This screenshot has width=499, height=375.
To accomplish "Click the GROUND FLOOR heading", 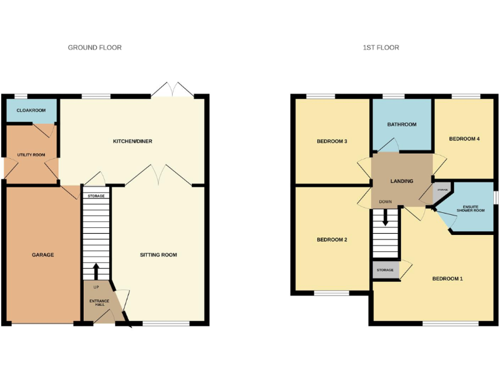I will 95,48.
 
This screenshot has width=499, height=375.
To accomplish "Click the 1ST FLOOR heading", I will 381,48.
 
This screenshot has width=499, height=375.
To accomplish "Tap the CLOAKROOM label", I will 31,111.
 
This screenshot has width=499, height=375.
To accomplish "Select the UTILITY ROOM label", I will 31,154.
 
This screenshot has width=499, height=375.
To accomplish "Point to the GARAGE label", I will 43,255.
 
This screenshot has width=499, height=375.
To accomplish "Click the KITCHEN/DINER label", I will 133,141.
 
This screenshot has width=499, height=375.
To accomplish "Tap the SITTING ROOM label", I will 159,255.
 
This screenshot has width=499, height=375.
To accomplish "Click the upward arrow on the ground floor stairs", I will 96,270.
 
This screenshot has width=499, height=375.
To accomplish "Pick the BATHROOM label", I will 402,124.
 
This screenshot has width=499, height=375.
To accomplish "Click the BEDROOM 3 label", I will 332,141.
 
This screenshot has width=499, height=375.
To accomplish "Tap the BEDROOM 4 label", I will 464,139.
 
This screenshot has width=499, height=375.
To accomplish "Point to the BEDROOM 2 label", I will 332,240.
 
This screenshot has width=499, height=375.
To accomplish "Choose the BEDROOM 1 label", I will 448,279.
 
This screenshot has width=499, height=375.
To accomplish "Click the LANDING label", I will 402,181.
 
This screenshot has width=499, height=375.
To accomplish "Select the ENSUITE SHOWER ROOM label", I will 470,209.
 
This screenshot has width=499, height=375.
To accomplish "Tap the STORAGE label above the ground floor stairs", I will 96,195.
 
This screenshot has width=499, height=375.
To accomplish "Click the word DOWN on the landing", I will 385,202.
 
